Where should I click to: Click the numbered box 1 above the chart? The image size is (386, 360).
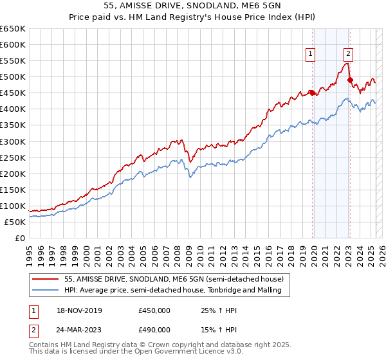pos(311,55)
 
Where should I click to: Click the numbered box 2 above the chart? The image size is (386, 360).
pos(348,55)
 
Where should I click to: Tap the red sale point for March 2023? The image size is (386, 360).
pos(350,80)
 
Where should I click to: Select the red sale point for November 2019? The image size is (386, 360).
pos(312,93)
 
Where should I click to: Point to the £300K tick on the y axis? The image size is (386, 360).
pos(13,141)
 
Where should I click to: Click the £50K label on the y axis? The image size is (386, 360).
pos(15,222)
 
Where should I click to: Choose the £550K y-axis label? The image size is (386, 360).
pos(13,61)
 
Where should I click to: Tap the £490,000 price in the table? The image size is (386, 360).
pos(154,330)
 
